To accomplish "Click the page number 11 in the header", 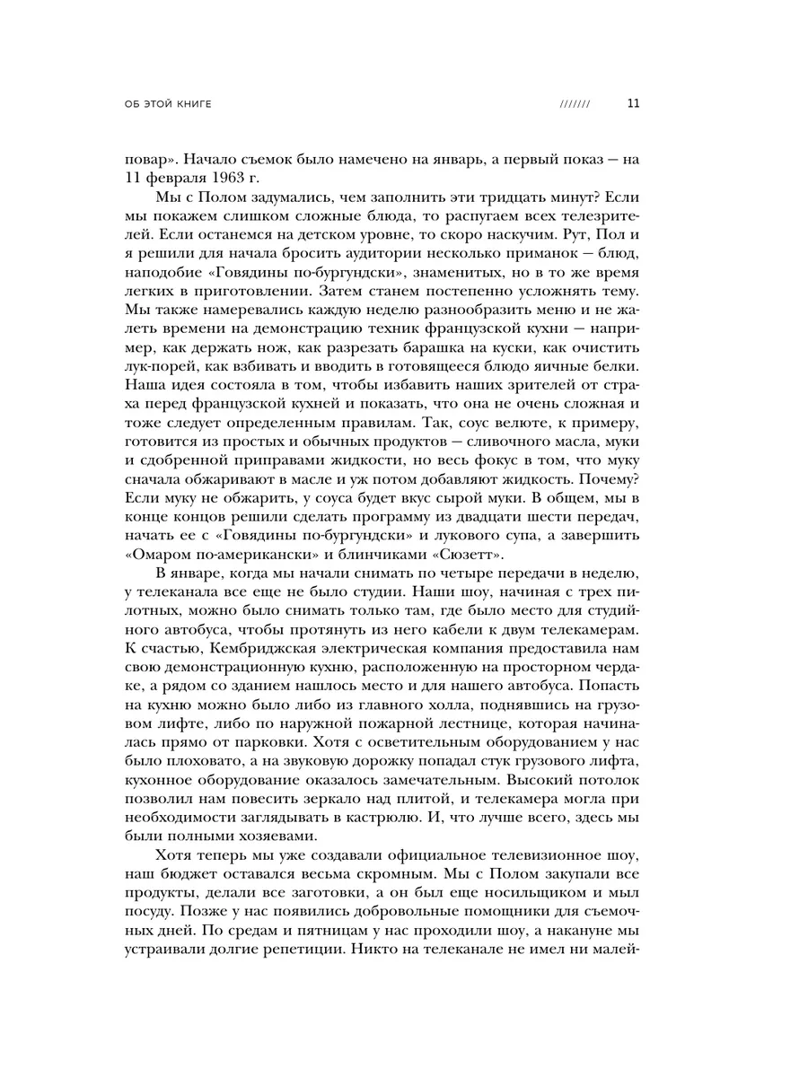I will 633,103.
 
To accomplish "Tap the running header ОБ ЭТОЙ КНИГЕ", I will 168,104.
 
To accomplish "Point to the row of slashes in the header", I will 575,104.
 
